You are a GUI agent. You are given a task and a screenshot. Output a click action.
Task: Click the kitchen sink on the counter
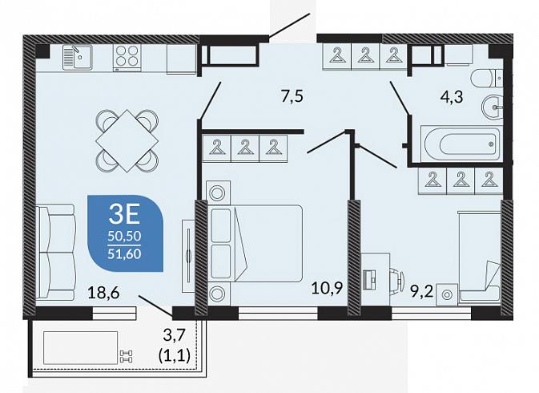[x=78, y=57]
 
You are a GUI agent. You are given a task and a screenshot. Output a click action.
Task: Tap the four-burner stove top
[x=127, y=58]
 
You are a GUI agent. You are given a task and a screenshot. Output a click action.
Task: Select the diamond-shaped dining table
[x=127, y=140]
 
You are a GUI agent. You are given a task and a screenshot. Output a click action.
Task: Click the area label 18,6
[x=103, y=293]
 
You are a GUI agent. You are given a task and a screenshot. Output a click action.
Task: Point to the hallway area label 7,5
[x=292, y=96]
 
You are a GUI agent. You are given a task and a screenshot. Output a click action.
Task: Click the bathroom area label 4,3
[x=452, y=96]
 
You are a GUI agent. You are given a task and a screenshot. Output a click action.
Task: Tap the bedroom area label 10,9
[x=328, y=288]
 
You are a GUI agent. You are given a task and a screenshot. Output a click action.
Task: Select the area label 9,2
[x=422, y=294]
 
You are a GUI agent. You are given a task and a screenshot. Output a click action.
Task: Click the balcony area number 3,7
[x=175, y=334]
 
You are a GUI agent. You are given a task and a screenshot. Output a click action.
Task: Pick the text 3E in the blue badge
[x=124, y=215]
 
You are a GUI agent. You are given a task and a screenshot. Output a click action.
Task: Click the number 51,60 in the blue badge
[x=124, y=253]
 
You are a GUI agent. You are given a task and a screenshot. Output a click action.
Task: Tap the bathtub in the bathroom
[x=461, y=143]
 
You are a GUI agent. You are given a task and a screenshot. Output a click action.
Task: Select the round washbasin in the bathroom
[x=493, y=107]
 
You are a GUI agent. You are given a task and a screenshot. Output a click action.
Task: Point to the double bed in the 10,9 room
[x=255, y=243]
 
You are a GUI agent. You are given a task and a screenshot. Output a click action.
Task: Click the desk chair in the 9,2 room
[x=397, y=280]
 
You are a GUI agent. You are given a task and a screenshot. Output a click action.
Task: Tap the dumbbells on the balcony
[x=126, y=356]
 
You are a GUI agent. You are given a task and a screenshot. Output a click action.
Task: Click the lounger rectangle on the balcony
[x=80, y=347]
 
